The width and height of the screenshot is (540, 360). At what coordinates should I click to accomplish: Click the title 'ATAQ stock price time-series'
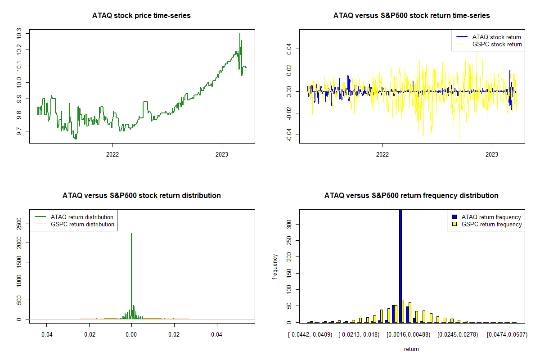(x=141, y=16)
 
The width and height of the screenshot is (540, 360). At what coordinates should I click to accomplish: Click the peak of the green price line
(x=240, y=34)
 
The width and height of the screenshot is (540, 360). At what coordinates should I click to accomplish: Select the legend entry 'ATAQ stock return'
(x=496, y=37)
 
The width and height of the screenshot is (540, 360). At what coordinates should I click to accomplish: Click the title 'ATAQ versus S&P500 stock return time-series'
(x=411, y=16)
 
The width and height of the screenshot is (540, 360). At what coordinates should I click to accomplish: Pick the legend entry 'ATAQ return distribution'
(x=82, y=217)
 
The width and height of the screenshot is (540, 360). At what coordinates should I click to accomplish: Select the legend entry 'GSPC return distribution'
(x=82, y=224)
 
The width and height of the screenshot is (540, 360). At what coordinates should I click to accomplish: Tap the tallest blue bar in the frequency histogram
(x=400, y=265)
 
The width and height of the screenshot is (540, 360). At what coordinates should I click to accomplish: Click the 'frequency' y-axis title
(x=275, y=266)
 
